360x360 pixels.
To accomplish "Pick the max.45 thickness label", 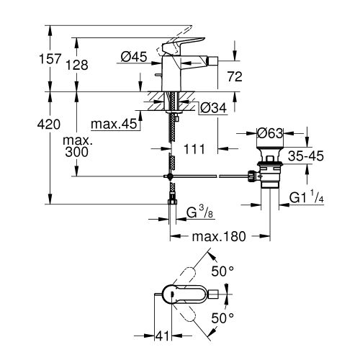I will pos(114,124).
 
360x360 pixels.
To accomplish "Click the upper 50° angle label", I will pos(222,271).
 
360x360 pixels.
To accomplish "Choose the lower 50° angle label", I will pos(222,318).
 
